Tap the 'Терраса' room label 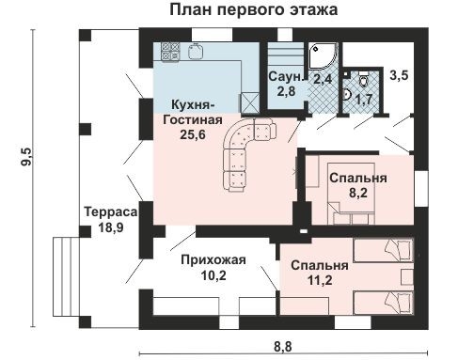pyautogui.click(x=103, y=212)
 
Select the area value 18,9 pyautogui.click(x=103, y=227)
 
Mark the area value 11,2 pyautogui.click(x=309, y=279)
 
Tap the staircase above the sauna pyautogui.click(x=282, y=52)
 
